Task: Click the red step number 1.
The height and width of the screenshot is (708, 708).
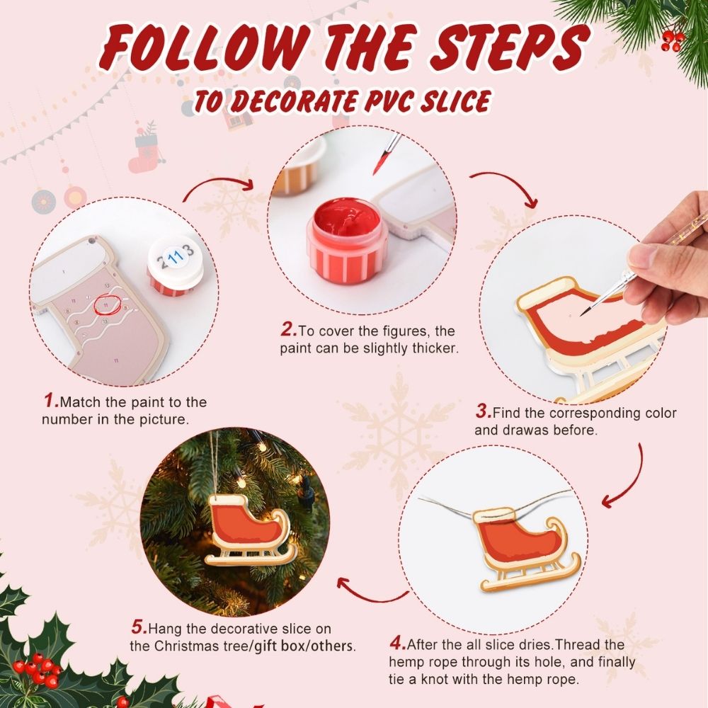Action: [x=51, y=401]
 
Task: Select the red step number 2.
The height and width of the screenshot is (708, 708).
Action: [x=288, y=330]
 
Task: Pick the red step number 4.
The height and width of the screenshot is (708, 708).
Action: [x=397, y=645]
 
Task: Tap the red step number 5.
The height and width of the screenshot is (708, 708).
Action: [x=139, y=628]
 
